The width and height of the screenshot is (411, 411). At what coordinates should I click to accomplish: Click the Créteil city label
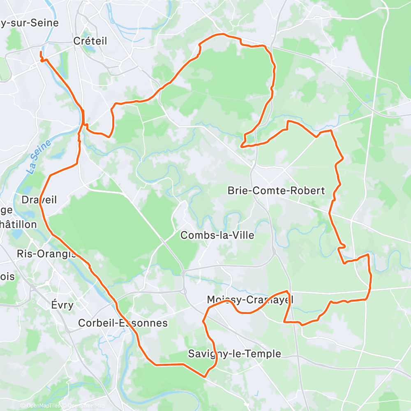tap(90, 41)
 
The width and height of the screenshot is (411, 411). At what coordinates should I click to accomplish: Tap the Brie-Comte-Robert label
tap(276, 191)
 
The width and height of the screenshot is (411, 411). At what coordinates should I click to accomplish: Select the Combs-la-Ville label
tap(217, 235)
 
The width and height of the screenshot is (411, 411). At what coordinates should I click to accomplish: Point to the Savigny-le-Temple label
tap(234, 353)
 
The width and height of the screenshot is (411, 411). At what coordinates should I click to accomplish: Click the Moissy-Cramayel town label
tap(250, 300)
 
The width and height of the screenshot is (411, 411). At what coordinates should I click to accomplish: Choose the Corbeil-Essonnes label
tap(123, 323)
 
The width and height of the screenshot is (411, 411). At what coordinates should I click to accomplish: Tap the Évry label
tap(62, 305)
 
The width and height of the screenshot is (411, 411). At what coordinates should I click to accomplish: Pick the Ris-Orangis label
tap(47, 254)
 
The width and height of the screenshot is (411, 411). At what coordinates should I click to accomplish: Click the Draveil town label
tap(39, 200)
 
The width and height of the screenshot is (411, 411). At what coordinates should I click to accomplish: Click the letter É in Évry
tap(54, 305)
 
